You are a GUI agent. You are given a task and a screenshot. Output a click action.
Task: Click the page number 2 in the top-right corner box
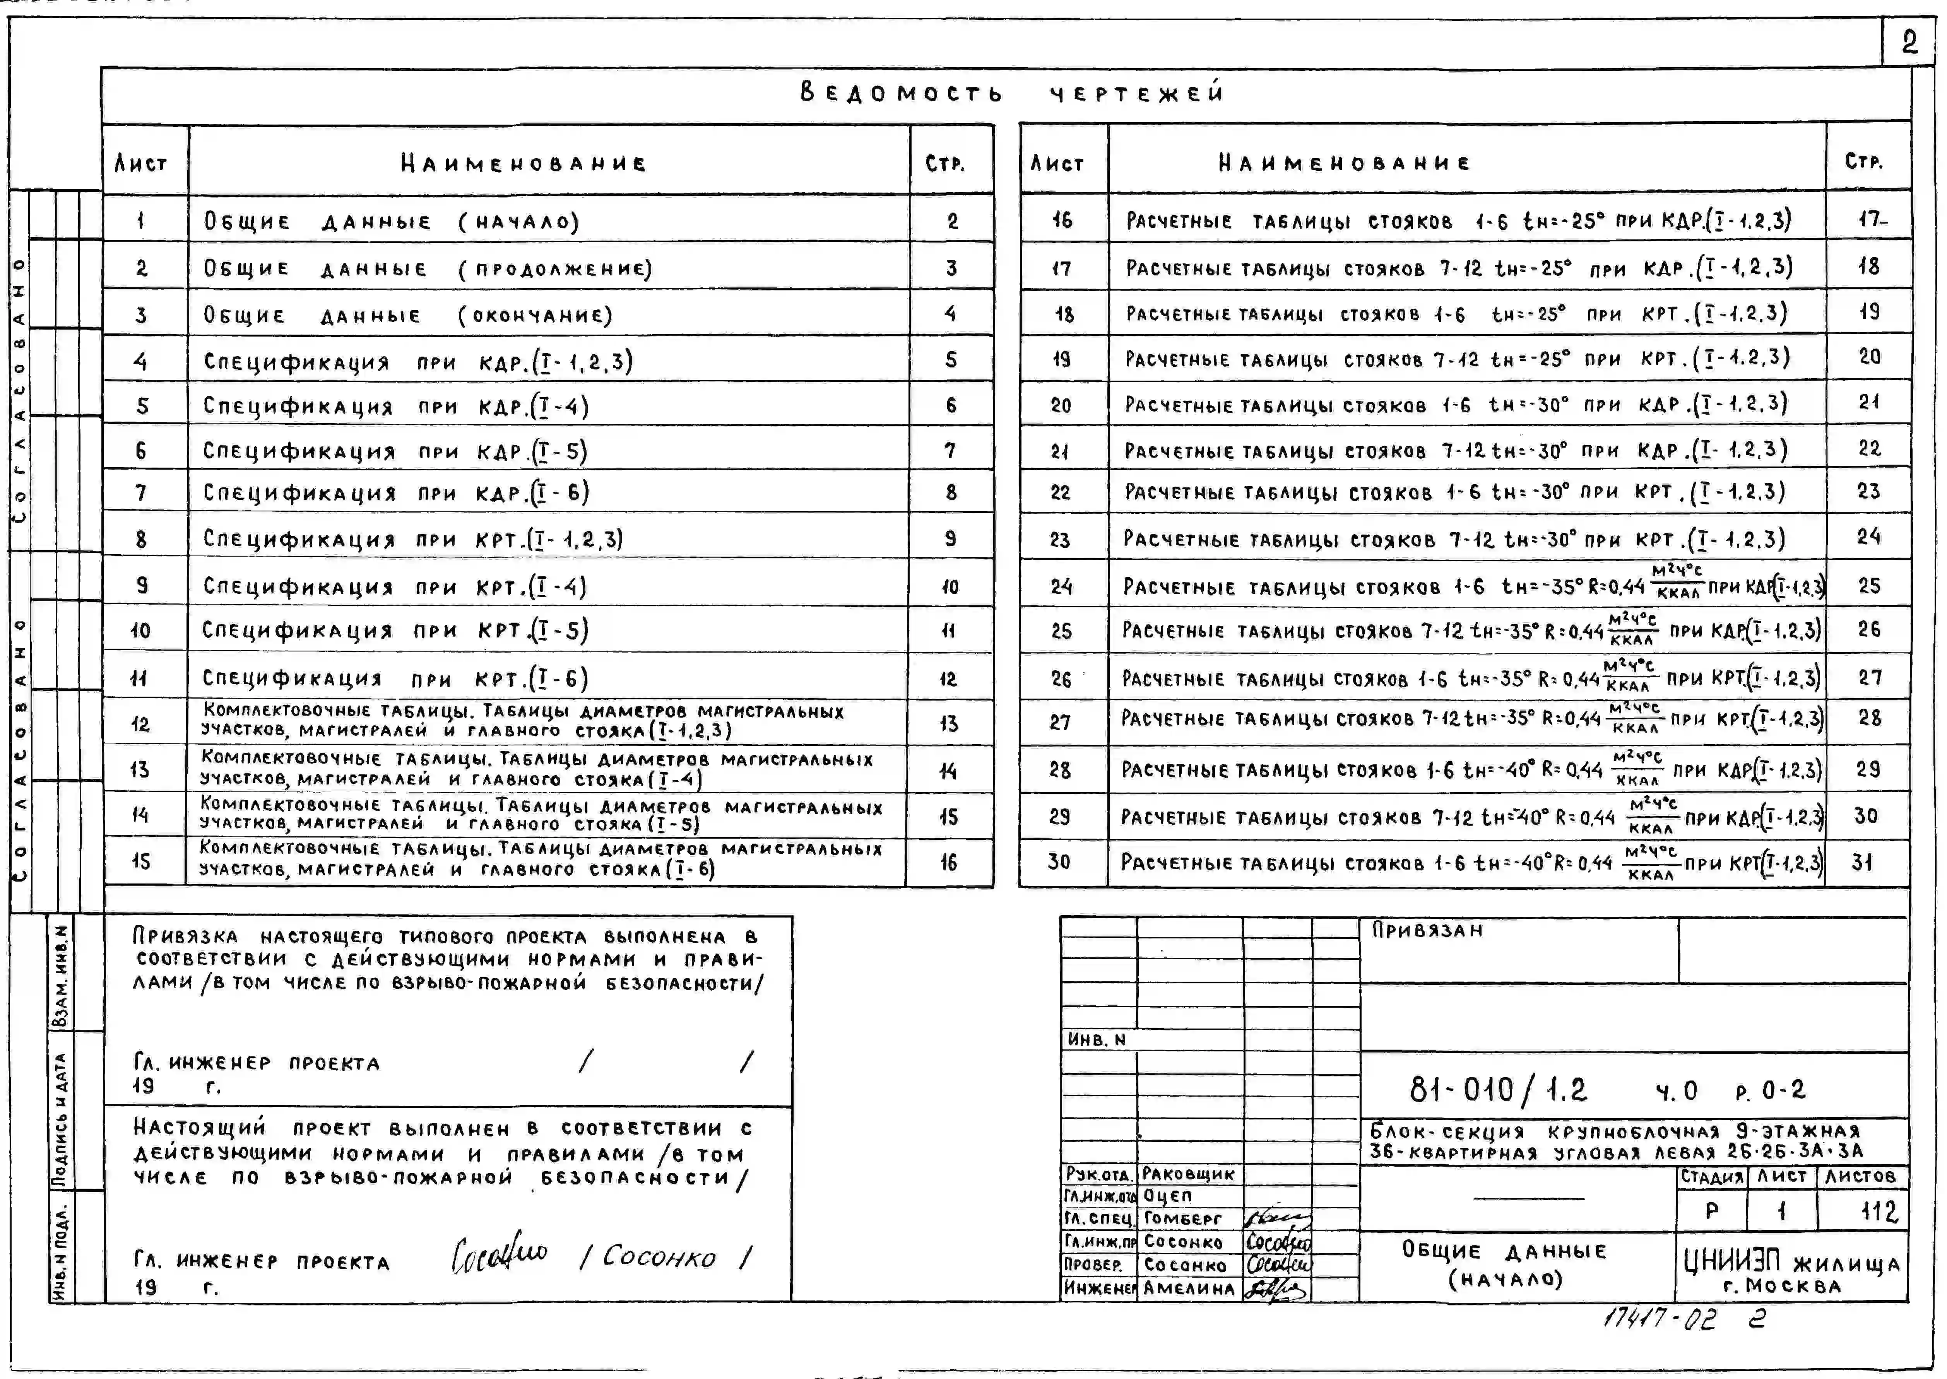pyautogui.click(x=1909, y=42)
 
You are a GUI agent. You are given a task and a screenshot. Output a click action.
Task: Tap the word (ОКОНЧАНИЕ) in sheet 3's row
pyautogui.click(x=535, y=316)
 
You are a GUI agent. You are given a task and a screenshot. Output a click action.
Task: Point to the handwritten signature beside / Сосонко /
pyautogui.click(x=500, y=1254)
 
